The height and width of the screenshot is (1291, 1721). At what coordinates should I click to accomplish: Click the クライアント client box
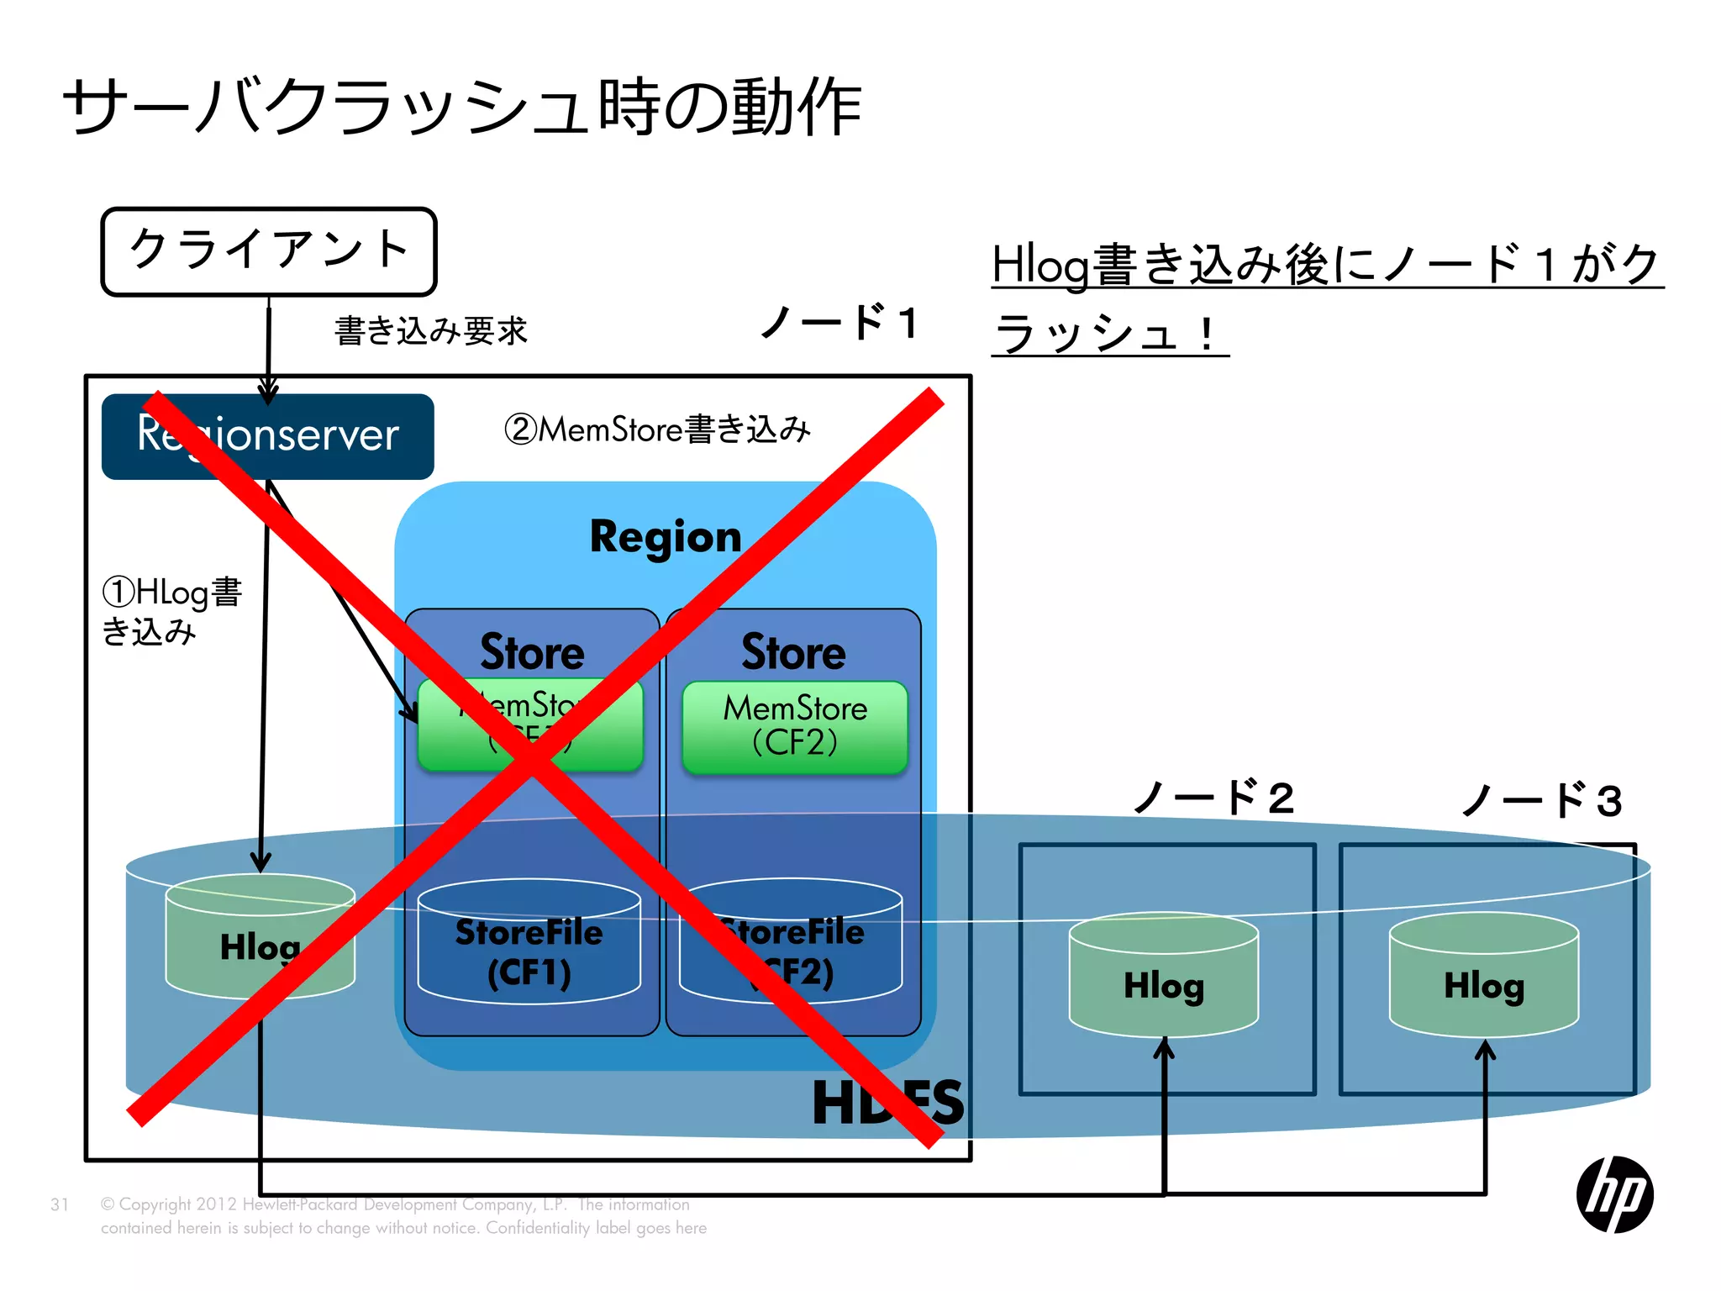point(269,250)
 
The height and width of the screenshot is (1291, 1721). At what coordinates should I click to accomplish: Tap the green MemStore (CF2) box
point(795,726)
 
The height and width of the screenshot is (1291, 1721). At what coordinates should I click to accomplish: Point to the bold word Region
point(666,536)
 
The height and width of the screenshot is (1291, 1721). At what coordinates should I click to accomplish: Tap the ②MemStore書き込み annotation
point(657,429)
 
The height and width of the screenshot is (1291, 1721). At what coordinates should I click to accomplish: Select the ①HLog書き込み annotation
point(171,610)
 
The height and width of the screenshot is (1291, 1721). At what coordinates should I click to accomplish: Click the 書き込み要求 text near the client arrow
point(430,330)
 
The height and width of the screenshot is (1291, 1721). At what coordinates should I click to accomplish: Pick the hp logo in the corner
point(1614,1194)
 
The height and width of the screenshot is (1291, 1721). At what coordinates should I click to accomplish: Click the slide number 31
point(60,1204)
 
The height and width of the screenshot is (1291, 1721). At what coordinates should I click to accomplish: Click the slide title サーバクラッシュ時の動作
point(462,107)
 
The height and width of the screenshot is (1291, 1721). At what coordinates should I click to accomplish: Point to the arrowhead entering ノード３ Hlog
point(1485,1051)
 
